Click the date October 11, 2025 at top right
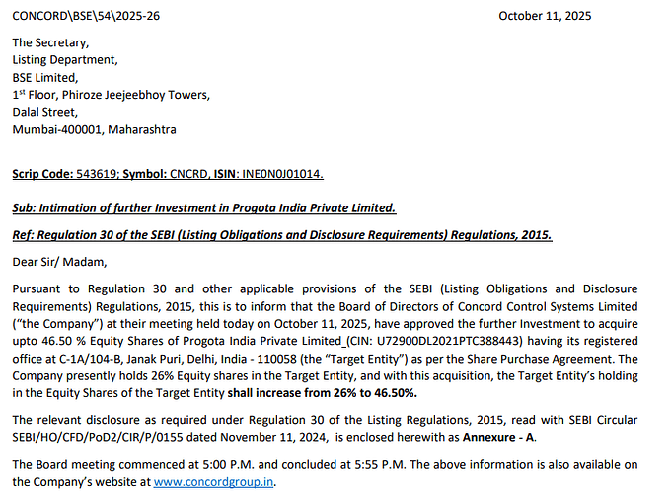pos(545,15)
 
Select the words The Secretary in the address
pos(50,42)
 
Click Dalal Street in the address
pos(45,112)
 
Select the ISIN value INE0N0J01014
pos(281,173)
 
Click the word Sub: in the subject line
pos(25,207)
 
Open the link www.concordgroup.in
pos(214,482)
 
